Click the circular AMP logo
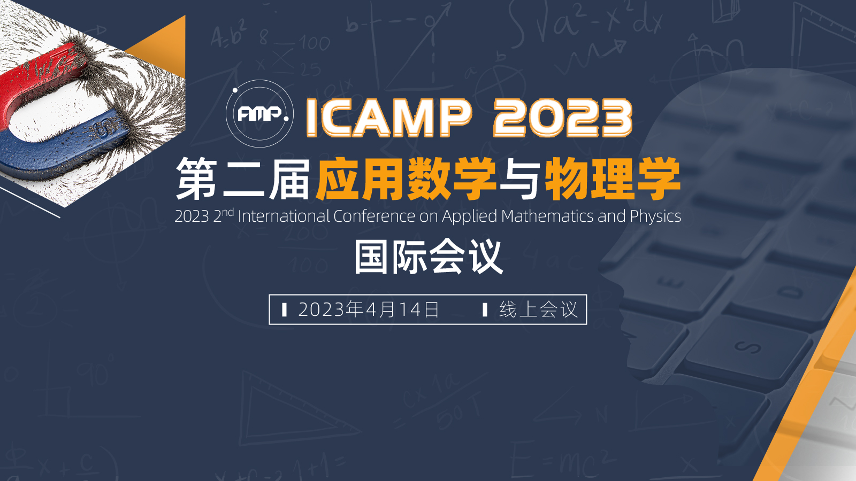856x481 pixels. coord(260,113)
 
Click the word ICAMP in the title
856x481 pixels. coord(389,118)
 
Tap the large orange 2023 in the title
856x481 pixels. coord(563,118)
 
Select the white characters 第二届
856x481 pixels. coord(243,179)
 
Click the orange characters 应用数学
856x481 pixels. coord(406,179)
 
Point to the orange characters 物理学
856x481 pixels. coord(613,179)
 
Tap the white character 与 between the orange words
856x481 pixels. coord(521,179)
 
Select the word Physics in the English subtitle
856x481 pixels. coord(655,217)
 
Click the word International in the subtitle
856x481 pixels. coord(284,216)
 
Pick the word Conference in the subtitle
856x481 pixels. coord(374,216)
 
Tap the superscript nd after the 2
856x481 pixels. coord(228,212)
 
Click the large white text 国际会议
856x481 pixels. coord(428,257)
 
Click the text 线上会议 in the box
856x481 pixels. coord(538,309)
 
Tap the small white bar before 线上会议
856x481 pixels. coord(485,309)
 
